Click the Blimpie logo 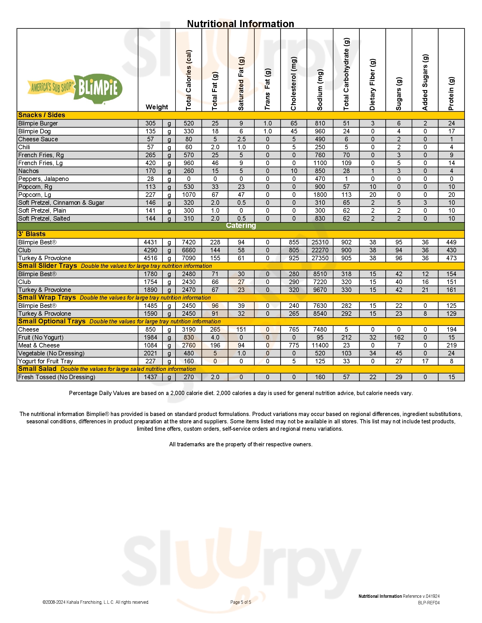[x=75, y=88]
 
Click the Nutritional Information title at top [x=240, y=24]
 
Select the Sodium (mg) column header [x=320, y=89]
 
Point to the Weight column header [x=157, y=107]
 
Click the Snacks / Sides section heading [x=42, y=115]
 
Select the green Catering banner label [x=241, y=226]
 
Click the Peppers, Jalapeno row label [x=43, y=179]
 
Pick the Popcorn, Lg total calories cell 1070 [x=189, y=195]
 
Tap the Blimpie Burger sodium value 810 [x=320, y=123]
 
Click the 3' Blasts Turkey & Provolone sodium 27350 [x=320, y=258]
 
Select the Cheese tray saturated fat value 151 [x=241, y=329]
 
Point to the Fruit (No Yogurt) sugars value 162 [x=399, y=338]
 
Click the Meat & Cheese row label [x=39, y=345]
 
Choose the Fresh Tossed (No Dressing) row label [x=56, y=377]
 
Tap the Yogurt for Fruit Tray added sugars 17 [x=425, y=361]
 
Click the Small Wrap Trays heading [x=47, y=298]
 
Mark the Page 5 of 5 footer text [x=241, y=602]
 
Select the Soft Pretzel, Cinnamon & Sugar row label [x=61, y=203]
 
